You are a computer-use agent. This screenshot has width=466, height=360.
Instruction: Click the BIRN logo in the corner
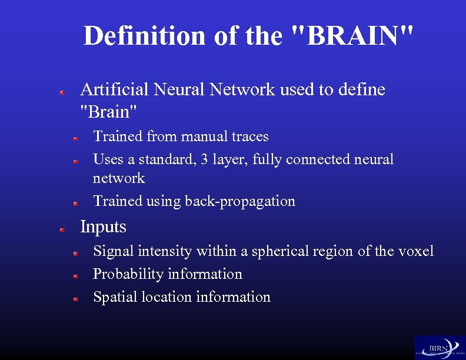tap(440, 347)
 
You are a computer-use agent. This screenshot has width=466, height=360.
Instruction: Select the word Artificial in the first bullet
tap(114, 89)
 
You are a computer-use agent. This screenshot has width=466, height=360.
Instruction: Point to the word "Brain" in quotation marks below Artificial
tap(109, 110)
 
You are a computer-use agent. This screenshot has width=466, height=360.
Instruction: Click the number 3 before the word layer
tap(203, 159)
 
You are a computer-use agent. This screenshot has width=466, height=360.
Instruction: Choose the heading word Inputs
tap(103, 226)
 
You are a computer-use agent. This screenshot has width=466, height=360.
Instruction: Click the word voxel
tap(415, 251)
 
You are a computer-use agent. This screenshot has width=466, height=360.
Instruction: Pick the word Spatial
tap(114, 297)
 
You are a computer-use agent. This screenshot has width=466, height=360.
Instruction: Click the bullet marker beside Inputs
tap(61, 231)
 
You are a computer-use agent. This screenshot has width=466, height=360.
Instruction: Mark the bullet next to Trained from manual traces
tap(75, 139)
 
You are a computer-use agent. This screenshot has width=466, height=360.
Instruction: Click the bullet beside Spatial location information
tap(75, 299)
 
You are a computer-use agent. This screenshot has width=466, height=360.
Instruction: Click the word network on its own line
tap(119, 178)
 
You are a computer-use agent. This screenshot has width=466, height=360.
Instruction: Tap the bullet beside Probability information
tap(75, 276)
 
